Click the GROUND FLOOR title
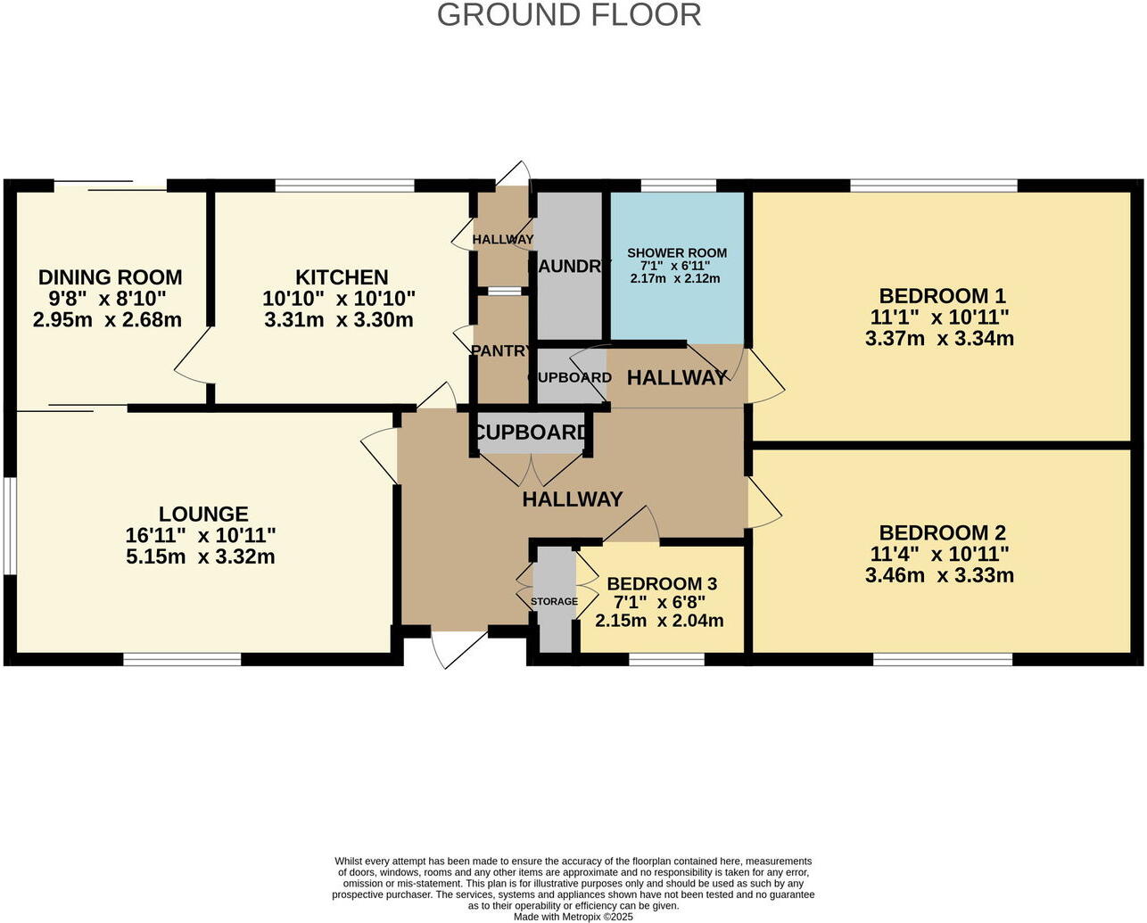(569, 15)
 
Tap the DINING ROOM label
(110, 277)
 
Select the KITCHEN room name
(342, 277)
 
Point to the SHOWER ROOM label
(677, 253)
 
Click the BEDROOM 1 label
(942, 296)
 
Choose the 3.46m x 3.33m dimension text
(939, 575)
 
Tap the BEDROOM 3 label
(662, 584)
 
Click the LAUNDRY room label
(569, 266)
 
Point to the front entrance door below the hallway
(460, 647)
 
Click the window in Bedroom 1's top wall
(934, 185)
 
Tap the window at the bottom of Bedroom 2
(942, 660)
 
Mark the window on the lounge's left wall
(8, 525)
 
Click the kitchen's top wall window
(344, 185)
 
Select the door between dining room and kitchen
(193, 357)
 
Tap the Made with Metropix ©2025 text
(573, 916)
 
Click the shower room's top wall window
(679, 185)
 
